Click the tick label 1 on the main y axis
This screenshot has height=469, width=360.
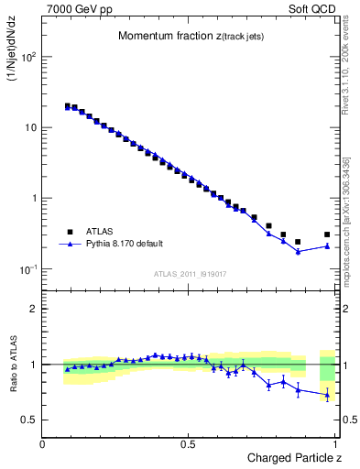[34, 198]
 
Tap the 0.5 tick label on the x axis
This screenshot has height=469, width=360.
[189, 444]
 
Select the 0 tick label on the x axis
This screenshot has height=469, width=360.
[43, 444]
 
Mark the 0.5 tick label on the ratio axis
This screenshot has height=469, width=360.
[30, 420]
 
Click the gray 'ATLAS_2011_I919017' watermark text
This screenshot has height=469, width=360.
[191, 274]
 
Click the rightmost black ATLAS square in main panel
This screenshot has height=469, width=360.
[327, 234]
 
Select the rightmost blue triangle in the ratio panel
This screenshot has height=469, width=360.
[327, 395]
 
